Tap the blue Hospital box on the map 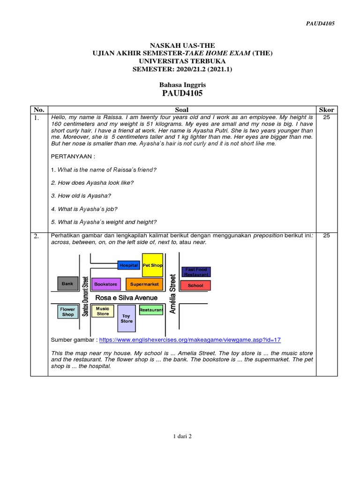pos(128,265)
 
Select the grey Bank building pos(67,284)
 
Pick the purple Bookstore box pos(105,284)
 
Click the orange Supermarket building pos(144,284)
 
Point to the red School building pos(195,285)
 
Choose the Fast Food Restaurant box pos(196,271)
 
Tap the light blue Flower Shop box pos(68,312)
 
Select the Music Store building pos(102,311)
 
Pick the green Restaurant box pos(151,310)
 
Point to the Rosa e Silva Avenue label pos(126,298)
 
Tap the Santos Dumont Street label pos(85,296)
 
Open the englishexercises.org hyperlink pos(190,340)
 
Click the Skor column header pos(326,110)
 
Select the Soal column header pos(181,110)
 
